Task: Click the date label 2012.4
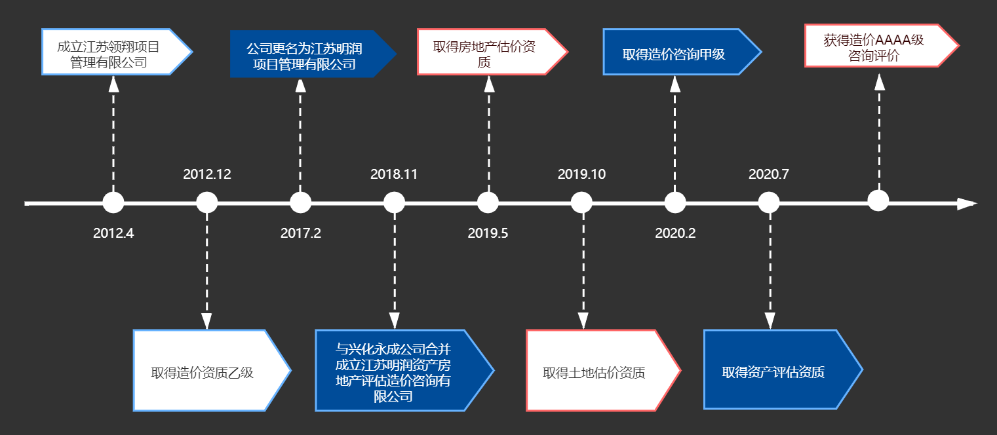pos(113,233)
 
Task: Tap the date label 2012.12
pos(207,174)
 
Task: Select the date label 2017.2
pos(301,233)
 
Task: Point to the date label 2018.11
pos(394,174)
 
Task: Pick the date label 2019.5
pos(488,233)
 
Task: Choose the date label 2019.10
pos(581,174)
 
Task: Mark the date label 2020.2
pos(675,233)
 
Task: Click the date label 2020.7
pos(769,174)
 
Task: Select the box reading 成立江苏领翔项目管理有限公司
pos(111,52)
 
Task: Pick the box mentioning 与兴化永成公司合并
pos(397,371)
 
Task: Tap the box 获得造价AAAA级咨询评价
pos(875,46)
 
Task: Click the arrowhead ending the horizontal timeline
pos(966,204)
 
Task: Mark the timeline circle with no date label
pos(878,200)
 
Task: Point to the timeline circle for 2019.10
pos(581,202)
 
